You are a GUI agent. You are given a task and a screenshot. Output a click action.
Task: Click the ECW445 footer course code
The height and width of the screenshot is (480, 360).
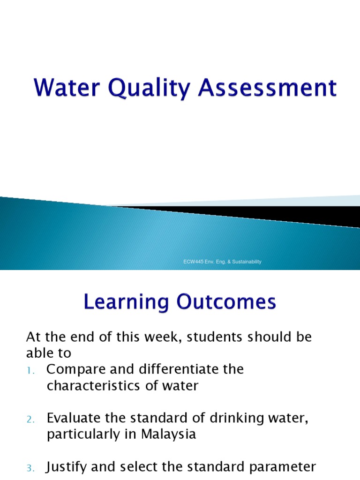(192, 262)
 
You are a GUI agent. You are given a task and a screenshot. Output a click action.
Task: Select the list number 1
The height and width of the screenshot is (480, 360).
(30, 370)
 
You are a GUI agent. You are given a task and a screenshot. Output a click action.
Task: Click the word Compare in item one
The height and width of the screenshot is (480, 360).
(73, 369)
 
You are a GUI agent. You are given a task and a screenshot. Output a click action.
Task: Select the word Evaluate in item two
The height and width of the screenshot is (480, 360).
(72, 419)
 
